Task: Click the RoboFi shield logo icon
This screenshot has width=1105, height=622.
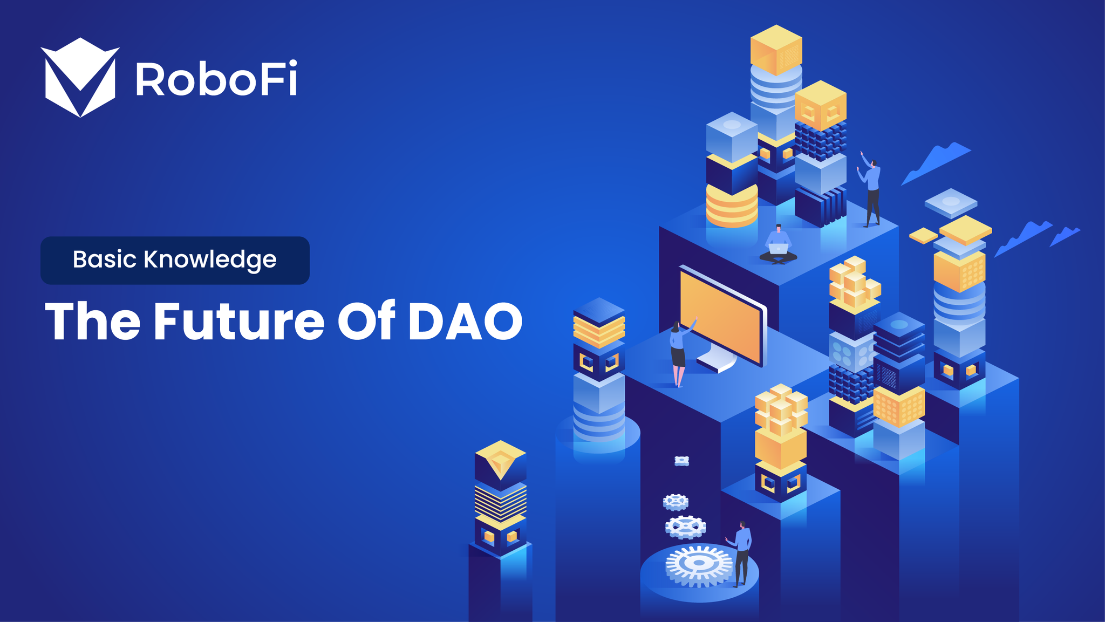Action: pos(80,77)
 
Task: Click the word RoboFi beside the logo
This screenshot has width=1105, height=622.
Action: pos(216,79)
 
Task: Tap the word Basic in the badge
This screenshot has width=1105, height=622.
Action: pos(105,259)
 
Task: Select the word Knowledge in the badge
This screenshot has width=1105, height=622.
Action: pos(210,261)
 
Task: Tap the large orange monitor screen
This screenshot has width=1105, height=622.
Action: pos(722,316)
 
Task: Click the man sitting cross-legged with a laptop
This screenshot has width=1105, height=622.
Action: pos(778,245)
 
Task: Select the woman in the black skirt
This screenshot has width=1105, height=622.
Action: pos(679,353)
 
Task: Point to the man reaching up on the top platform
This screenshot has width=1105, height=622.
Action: pos(870,189)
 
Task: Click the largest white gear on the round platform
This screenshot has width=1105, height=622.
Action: pos(699,564)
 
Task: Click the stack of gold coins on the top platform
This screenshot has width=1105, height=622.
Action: pos(732,205)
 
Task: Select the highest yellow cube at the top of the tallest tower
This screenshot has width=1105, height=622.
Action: pos(776,50)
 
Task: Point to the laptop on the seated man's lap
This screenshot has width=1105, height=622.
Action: pos(778,249)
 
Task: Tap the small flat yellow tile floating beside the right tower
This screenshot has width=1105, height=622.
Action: pos(923,235)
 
